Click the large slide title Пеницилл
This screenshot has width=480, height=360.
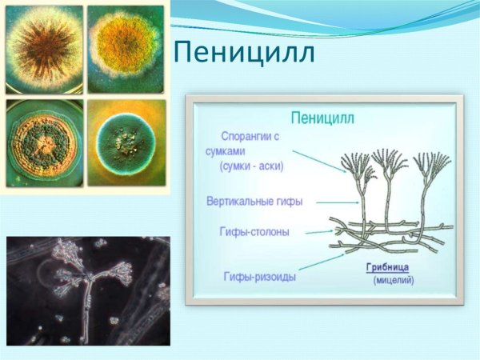click(245, 54)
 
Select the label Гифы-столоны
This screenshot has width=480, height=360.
click(254, 231)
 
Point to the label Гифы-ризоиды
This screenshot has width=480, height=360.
click(258, 276)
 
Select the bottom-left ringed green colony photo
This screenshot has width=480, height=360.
click(43, 143)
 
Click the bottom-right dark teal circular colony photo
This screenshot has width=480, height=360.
click(126, 142)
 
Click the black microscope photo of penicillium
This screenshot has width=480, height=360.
click(88, 290)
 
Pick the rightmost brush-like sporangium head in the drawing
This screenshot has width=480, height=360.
click(432, 163)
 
